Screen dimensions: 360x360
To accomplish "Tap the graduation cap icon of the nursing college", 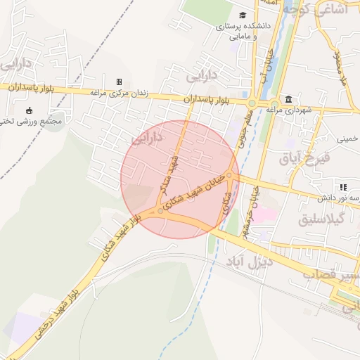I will click(x=243, y=15).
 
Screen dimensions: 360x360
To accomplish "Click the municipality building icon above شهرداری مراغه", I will click(x=289, y=99).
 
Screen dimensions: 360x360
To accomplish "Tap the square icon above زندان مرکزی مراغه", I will click(x=119, y=82).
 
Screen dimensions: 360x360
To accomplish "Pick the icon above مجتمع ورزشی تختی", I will click(x=29, y=110).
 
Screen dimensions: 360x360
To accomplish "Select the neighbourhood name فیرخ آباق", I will click(x=314, y=160).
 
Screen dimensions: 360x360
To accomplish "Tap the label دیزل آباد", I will click(x=248, y=264).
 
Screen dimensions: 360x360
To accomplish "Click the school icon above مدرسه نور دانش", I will click(x=343, y=187).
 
